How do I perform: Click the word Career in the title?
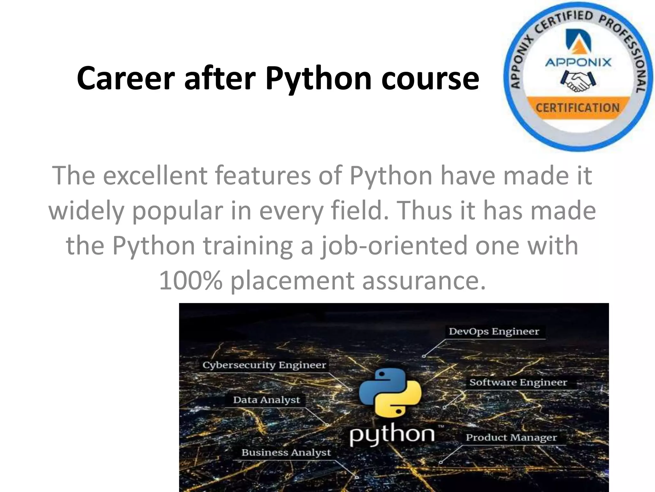(x=126, y=78)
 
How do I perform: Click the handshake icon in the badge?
(x=578, y=82)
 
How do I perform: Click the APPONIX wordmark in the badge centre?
(x=578, y=62)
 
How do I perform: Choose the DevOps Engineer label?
(x=494, y=332)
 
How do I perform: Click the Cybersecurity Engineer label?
(x=264, y=365)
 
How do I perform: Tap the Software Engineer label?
(x=518, y=382)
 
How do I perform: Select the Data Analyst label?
(x=266, y=400)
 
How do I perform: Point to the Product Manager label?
(x=511, y=438)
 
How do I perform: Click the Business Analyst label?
(x=286, y=453)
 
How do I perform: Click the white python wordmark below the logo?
(x=392, y=435)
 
